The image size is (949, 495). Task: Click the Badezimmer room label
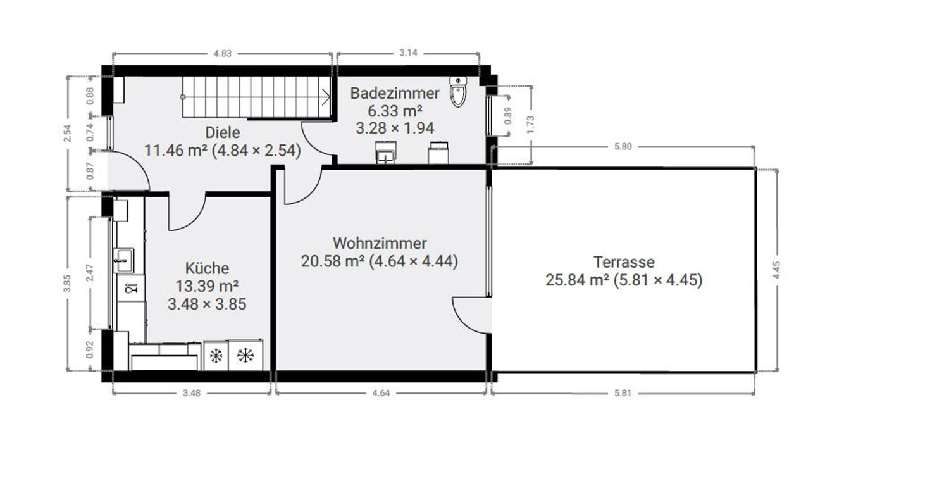tap(395, 93)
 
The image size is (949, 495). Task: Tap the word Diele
tap(223, 133)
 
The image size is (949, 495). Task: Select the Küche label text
tap(207, 268)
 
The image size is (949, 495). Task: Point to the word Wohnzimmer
tap(380, 243)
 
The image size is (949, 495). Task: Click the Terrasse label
tap(624, 262)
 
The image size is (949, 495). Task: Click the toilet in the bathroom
tap(457, 92)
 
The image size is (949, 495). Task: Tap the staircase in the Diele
tap(256, 97)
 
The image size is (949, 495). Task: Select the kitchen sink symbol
tap(123, 260)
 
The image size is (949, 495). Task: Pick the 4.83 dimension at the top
tap(223, 53)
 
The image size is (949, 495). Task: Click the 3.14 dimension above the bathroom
tap(408, 53)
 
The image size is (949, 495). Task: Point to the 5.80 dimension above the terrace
tap(623, 147)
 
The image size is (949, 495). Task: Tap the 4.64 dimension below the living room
tap(381, 393)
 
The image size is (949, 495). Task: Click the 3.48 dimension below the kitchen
tap(192, 393)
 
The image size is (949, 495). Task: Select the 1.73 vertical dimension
tap(530, 125)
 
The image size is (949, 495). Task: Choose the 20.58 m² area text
tap(333, 261)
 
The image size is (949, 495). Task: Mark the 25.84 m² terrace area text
tap(578, 280)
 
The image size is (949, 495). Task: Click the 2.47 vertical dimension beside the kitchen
tap(89, 273)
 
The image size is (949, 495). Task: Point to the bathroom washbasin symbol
tap(385, 153)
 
